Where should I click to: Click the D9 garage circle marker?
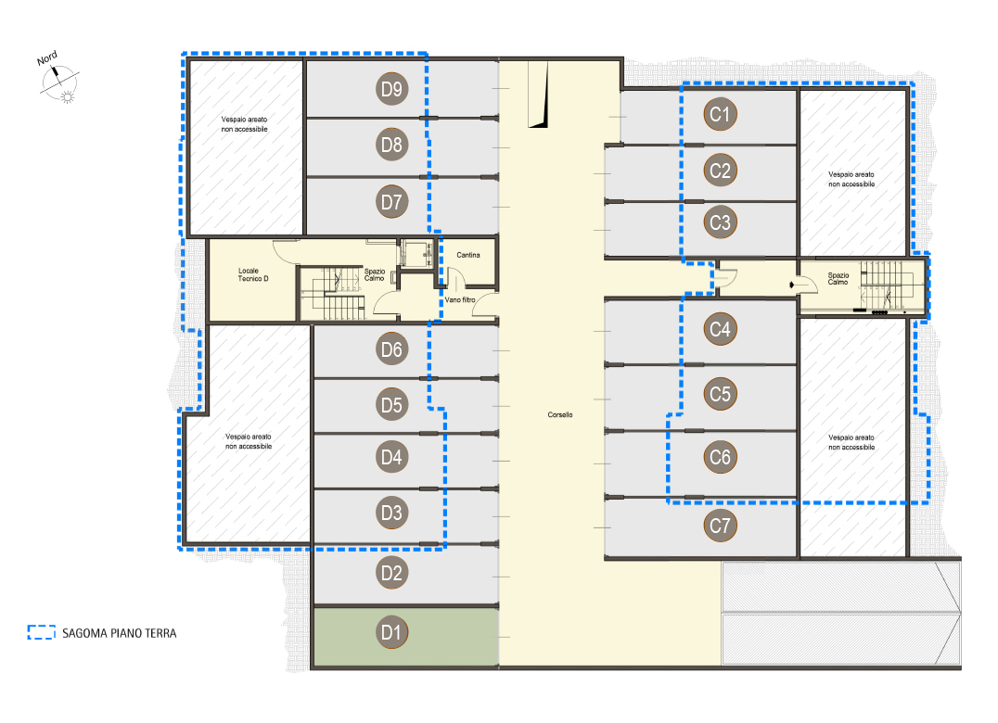click(x=391, y=89)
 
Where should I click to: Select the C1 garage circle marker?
click(x=720, y=114)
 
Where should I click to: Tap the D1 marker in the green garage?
click(x=391, y=632)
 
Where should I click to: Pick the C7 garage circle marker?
click(x=720, y=526)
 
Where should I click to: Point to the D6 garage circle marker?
click(x=391, y=349)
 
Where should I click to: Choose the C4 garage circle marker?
click(x=720, y=329)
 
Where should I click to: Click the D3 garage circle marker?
click(x=391, y=513)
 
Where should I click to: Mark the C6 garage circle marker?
click(x=720, y=457)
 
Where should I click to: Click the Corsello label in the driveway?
click(x=560, y=414)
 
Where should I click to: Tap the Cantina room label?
click(x=468, y=255)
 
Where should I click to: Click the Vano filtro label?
click(x=459, y=299)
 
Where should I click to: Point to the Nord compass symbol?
click(x=58, y=80)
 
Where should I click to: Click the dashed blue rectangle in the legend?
click(x=42, y=632)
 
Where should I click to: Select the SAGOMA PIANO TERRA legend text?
click(x=119, y=633)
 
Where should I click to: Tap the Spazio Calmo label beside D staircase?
click(x=375, y=274)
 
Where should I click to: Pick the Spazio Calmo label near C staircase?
click(x=838, y=278)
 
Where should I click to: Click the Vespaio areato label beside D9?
click(x=245, y=124)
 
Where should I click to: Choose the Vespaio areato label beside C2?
click(x=851, y=179)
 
